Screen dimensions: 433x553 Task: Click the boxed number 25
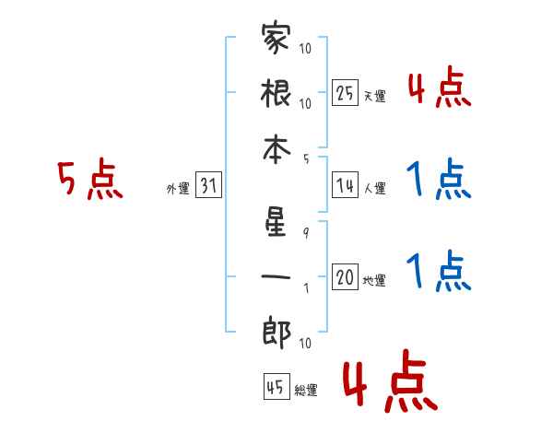[345, 92]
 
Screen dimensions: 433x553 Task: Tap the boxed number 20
[345, 277]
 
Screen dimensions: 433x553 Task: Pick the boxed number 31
[208, 186]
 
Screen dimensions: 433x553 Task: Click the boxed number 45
[275, 387]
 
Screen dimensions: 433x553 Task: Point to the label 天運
[374, 96]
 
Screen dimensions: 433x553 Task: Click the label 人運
[374, 189]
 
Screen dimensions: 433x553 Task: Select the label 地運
[374, 280]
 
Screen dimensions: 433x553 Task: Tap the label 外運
[177, 189]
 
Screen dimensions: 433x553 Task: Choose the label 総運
[305, 391]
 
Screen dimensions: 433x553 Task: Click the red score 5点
[89, 180]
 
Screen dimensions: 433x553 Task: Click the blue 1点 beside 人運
[438, 180]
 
